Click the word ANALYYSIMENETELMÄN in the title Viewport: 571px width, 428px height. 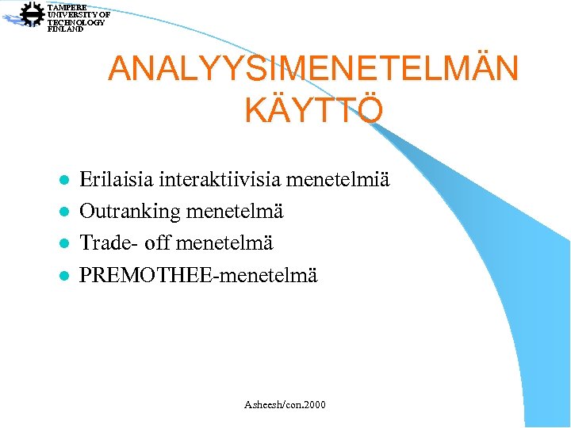tap(313, 68)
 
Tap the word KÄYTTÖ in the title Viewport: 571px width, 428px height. tap(313, 110)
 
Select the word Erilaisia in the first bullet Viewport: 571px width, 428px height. tap(117, 180)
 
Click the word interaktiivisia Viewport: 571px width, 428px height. tap(220, 180)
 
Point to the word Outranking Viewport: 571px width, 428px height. tap(130, 212)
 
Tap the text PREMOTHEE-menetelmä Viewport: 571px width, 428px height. tap(198, 276)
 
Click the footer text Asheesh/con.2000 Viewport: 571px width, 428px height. tap(285, 405)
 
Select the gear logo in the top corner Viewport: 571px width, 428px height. tap(33, 15)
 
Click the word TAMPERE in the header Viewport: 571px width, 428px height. tap(67, 7)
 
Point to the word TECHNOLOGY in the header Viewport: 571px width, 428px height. tap(76, 22)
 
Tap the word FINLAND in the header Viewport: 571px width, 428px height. tap(65, 29)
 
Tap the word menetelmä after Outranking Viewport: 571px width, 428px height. tap(234, 212)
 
